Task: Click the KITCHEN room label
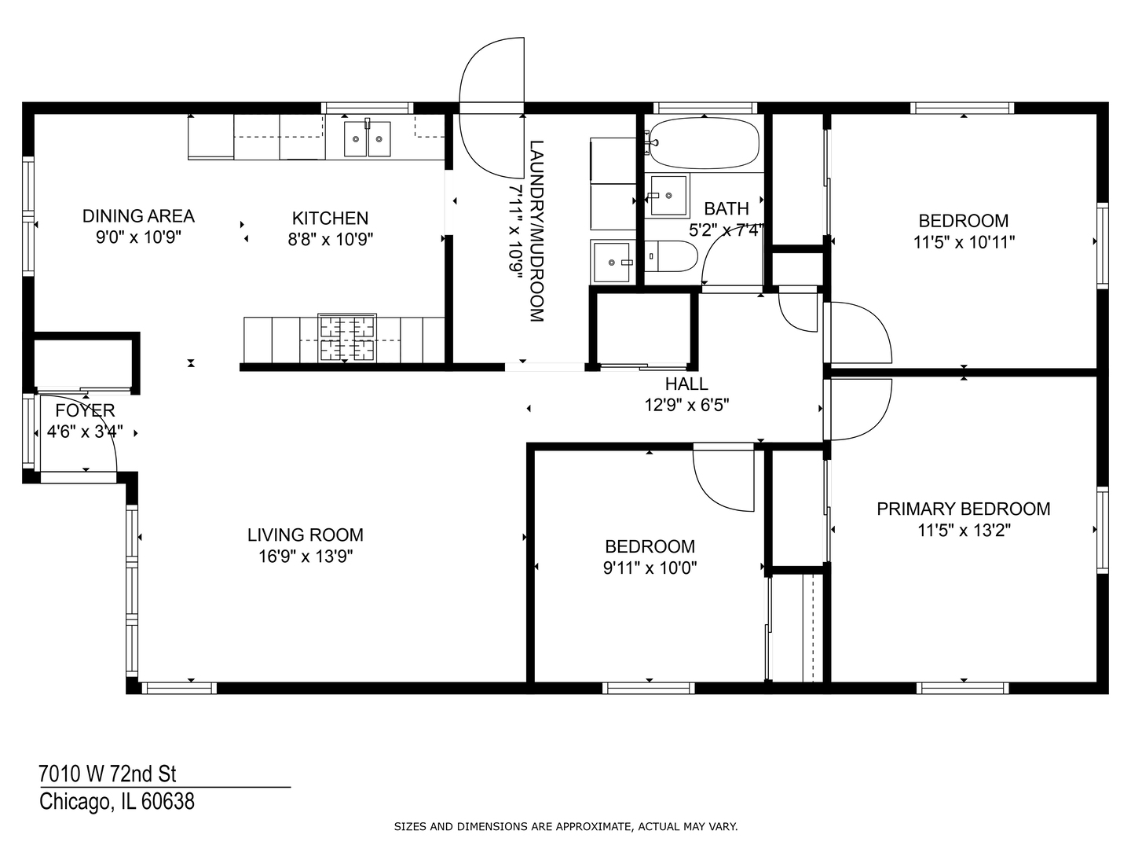[x=330, y=218]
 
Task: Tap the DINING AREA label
[x=138, y=215]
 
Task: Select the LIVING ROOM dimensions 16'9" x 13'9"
[x=305, y=557]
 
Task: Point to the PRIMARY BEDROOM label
[x=963, y=509]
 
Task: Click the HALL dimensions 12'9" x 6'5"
[x=686, y=405]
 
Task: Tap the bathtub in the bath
[x=704, y=143]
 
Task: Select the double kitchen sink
[x=368, y=139]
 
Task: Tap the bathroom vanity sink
[x=667, y=195]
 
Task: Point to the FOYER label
[x=85, y=410]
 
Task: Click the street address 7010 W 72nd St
[x=108, y=774]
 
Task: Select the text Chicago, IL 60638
[x=117, y=802]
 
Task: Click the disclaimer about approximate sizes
[x=565, y=826]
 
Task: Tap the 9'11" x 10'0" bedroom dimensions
[x=650, y=568]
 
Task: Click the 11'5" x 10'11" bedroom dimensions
[x=964, y=242]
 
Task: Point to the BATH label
[x=726, y=208]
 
